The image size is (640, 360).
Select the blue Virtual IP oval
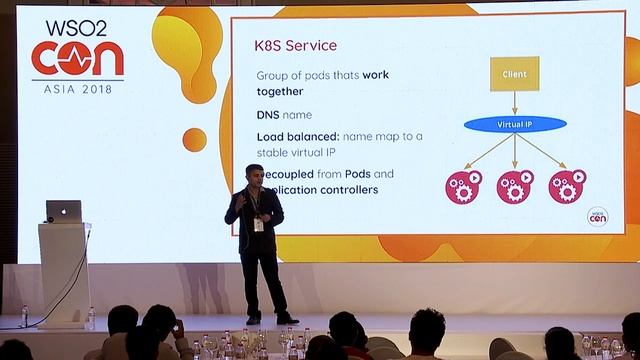(514, 125)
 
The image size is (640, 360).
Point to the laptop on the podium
(64, 210)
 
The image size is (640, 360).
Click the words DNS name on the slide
(276, 115)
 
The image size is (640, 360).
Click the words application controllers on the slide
(318, 189)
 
